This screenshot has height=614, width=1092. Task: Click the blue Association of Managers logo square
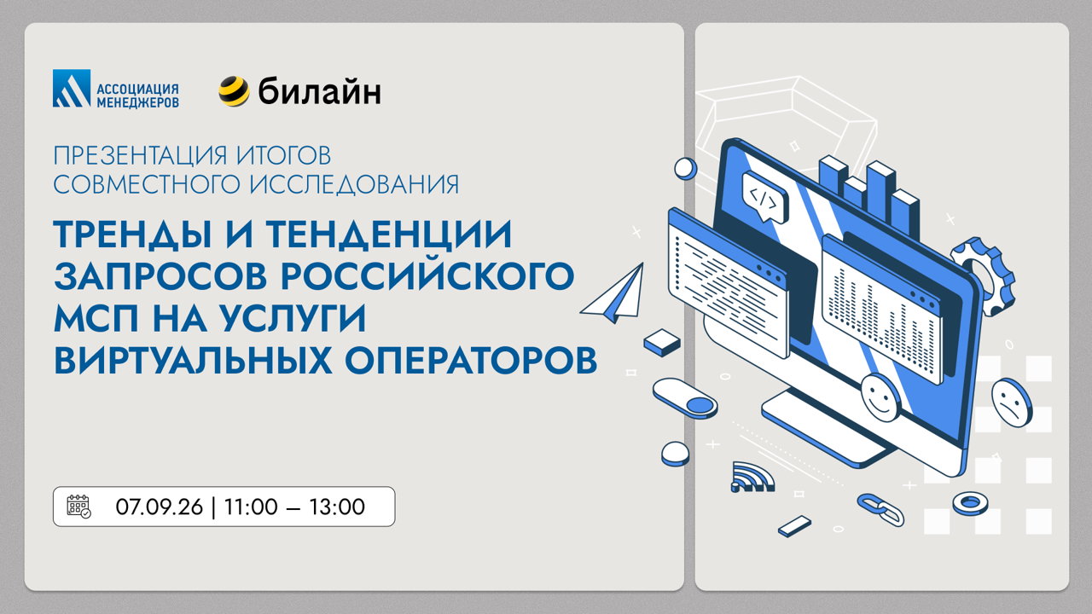[x=72, y=88]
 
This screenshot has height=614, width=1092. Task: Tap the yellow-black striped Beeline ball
[x=234, y=91]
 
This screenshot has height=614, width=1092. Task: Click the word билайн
[x=319, y=91]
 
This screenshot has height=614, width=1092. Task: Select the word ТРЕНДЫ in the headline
[x=132, y=235]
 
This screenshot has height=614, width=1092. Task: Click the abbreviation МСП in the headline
[x=96, y=318]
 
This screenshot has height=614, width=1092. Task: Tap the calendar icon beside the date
[x=78, y=506]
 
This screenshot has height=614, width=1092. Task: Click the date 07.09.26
[x=159, y=507]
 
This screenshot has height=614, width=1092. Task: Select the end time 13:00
[x=337, y=507]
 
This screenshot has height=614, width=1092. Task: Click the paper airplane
[x=614, y=294]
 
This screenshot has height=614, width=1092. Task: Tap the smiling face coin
[x=880, y=397]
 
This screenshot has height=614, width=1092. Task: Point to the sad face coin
[x=1012, y=403]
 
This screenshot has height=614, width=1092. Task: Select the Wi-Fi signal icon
[x=752, y=477]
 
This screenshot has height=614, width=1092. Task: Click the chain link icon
[x=880, y=509]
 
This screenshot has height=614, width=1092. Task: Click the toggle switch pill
[x=685, y=398]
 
